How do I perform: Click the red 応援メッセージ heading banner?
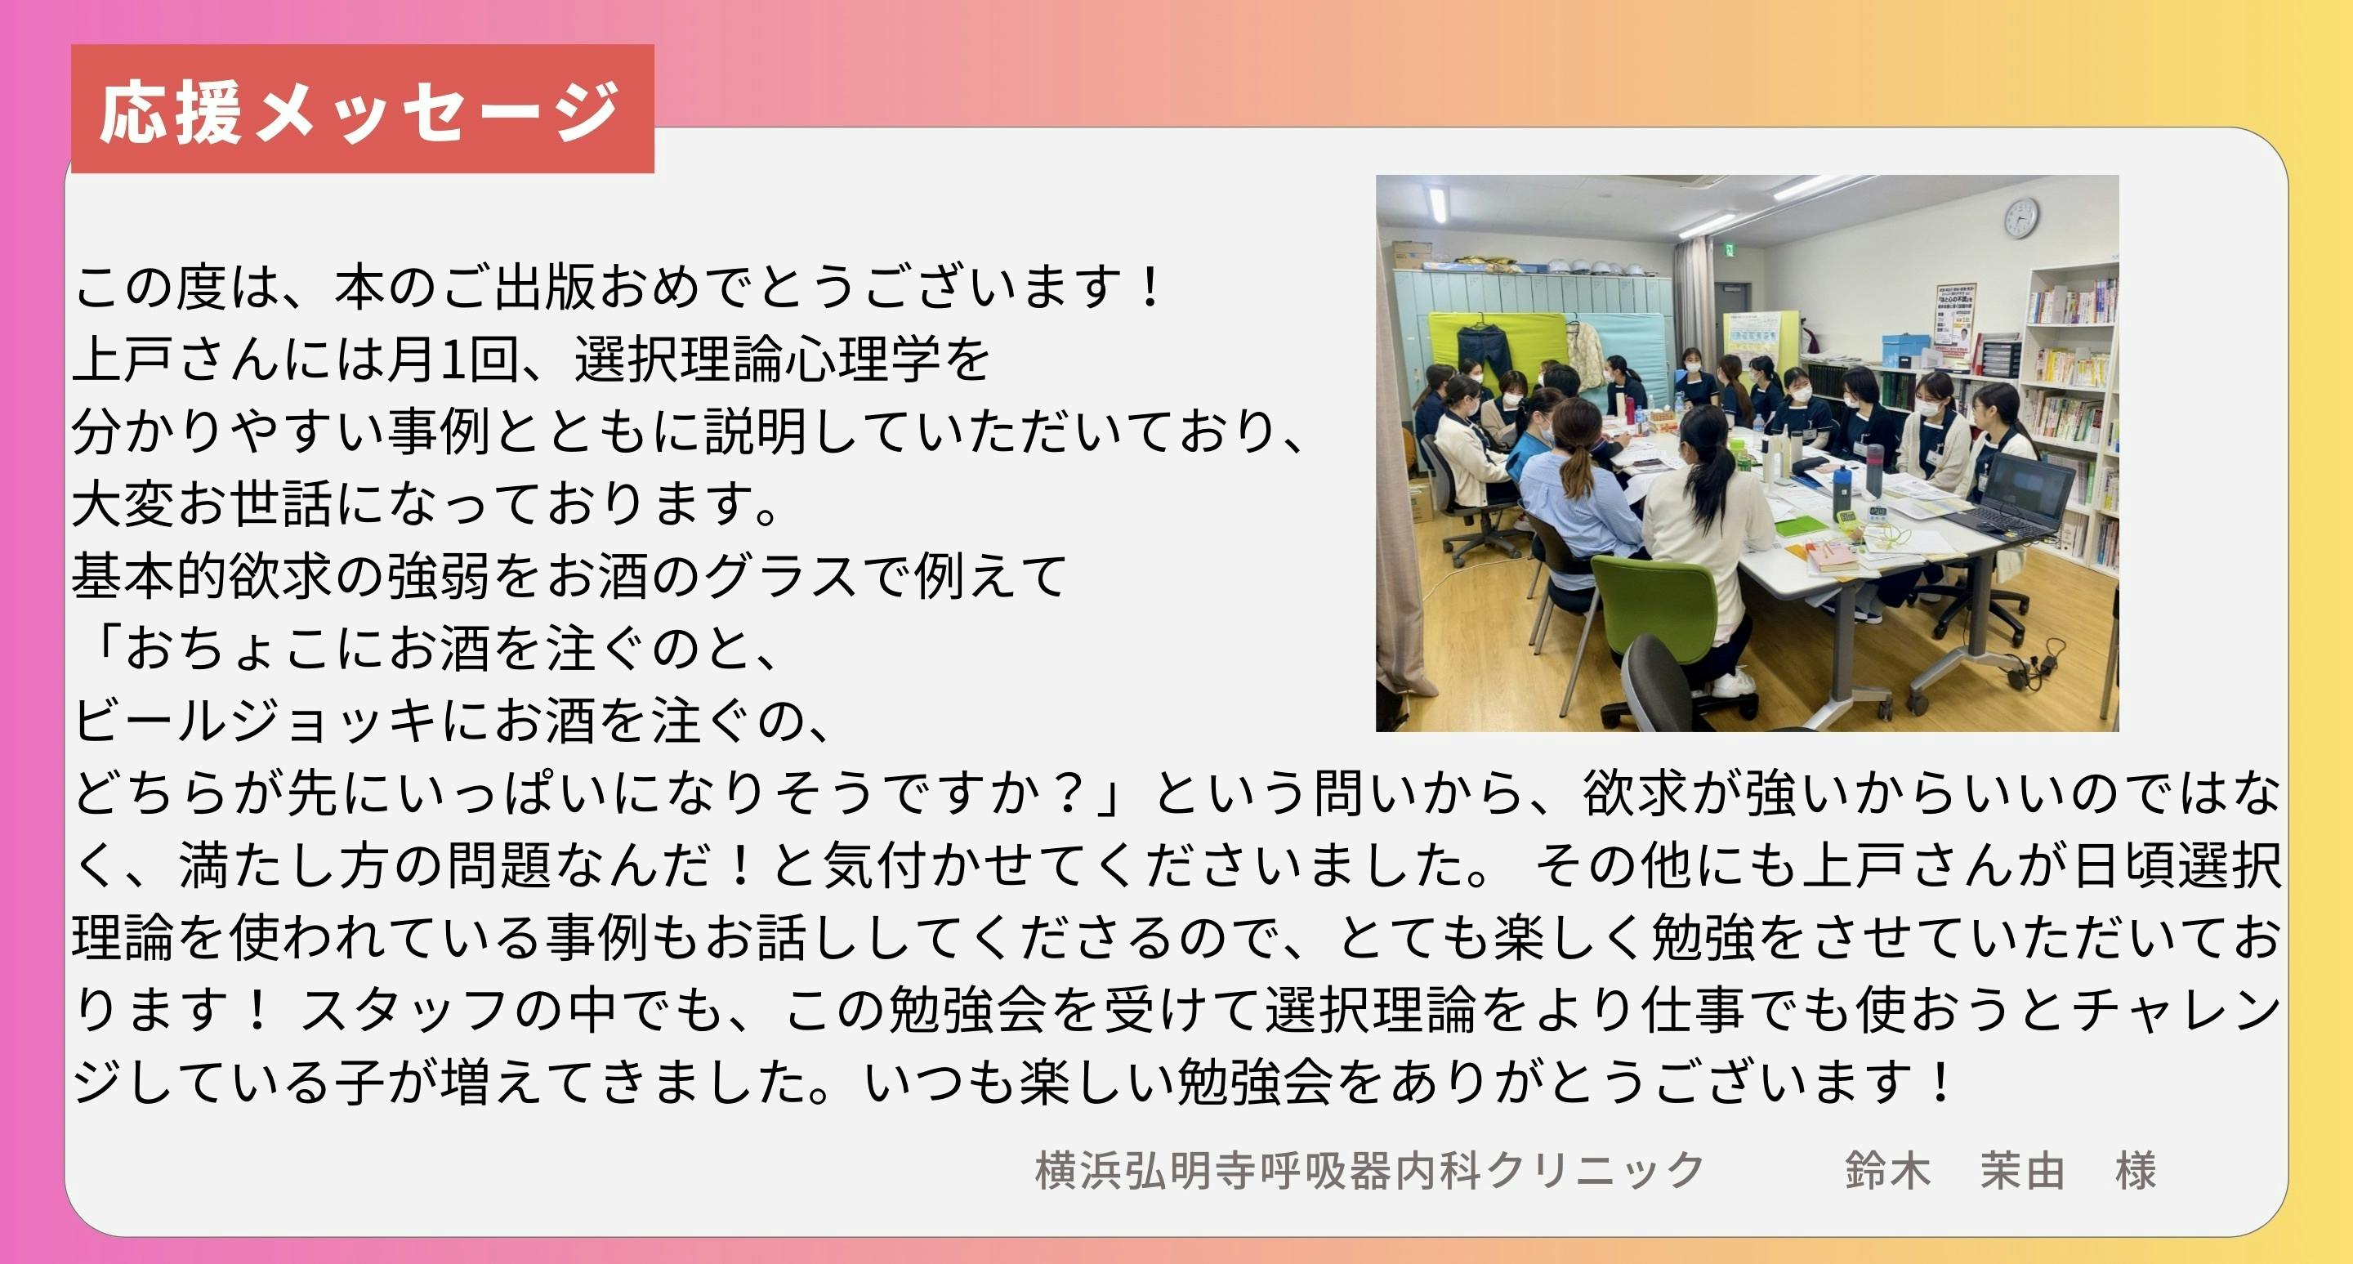tap(363, 109)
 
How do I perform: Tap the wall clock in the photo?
tap(2020, 218)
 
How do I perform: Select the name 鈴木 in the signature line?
tap(1887, 1171)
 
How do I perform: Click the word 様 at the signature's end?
tap(2136, 1171)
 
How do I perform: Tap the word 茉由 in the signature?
tap(2022, 1171)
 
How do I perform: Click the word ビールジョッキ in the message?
tap(256, 721)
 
